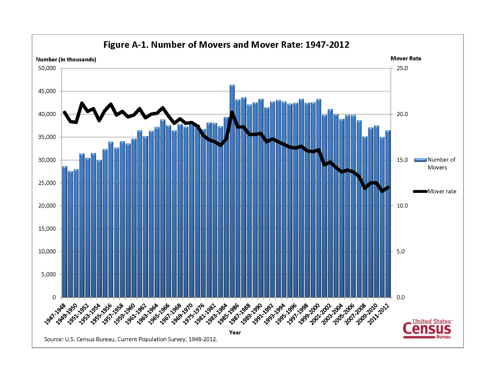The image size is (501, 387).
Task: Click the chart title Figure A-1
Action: coord(226,45)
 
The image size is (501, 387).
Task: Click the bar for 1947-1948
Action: coord(64,232)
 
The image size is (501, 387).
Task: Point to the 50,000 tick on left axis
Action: coord(47,68)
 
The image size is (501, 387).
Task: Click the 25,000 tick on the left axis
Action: coord(47,183)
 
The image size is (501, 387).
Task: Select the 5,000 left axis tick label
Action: coord(48,274)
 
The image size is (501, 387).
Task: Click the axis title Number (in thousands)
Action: coord(66,59)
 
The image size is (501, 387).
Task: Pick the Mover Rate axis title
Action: coord(406,58)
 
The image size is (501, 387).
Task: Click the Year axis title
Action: coord(235,333)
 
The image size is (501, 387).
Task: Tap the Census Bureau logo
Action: coord(427,329)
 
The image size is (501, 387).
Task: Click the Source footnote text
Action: coord(131,339)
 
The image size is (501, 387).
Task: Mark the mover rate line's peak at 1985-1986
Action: coord(232,112)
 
